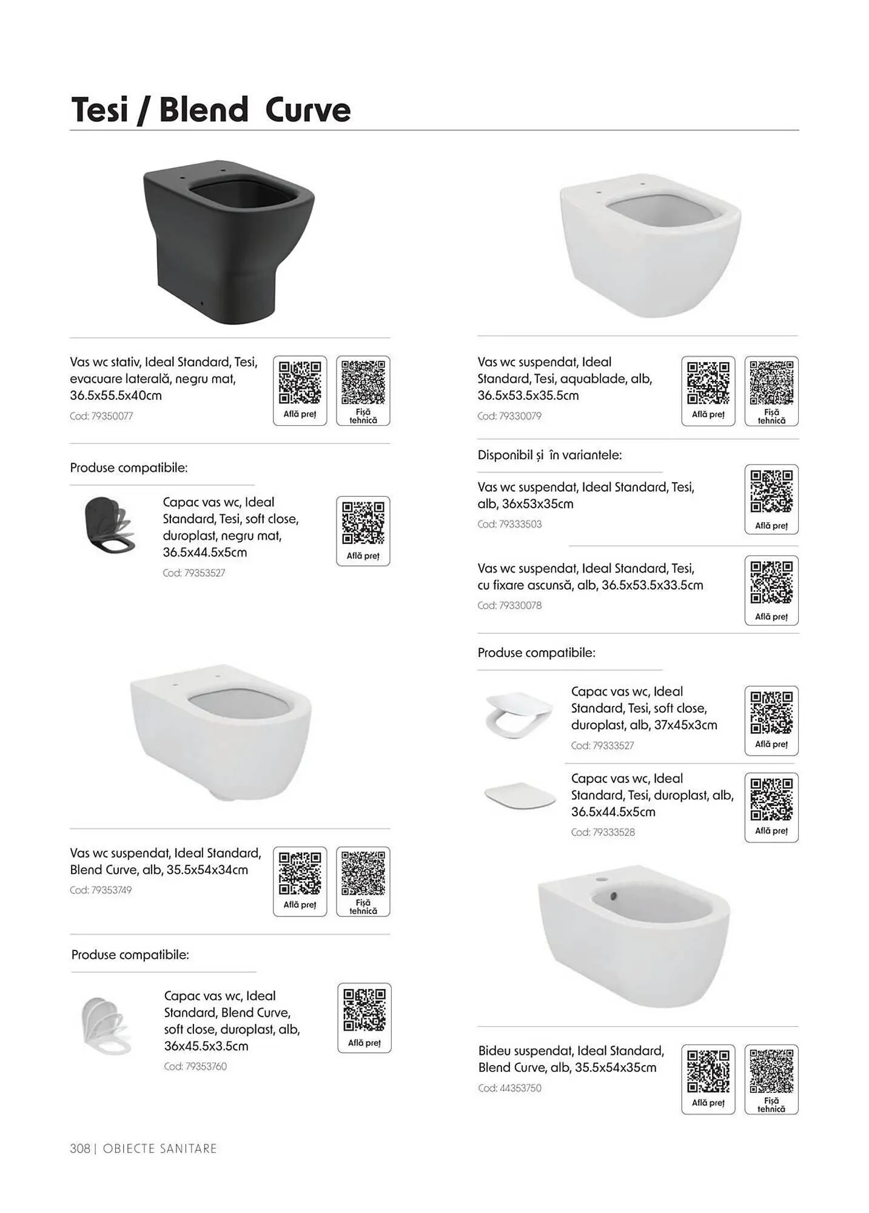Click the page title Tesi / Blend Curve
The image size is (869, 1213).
click(211, 110)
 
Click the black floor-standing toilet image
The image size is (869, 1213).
click(229, 242)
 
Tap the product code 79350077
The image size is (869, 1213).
click(101, 416)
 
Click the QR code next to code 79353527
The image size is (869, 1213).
click(363, 523)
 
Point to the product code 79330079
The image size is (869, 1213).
click(509, 416)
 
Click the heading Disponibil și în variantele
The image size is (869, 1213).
click(549, 455)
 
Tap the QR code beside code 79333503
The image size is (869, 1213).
click(771, 492)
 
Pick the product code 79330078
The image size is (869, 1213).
click(509, 605)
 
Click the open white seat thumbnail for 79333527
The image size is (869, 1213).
click(519, 715)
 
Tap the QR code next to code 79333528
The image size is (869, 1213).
click(771, 799)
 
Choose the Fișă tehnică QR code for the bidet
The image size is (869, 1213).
click(771, 1071)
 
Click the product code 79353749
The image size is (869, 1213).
click(101, 890)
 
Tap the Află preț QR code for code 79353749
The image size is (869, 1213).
click(300, 873)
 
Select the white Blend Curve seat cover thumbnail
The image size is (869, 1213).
click(106, 1027)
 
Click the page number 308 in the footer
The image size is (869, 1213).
click(80, 1149)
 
